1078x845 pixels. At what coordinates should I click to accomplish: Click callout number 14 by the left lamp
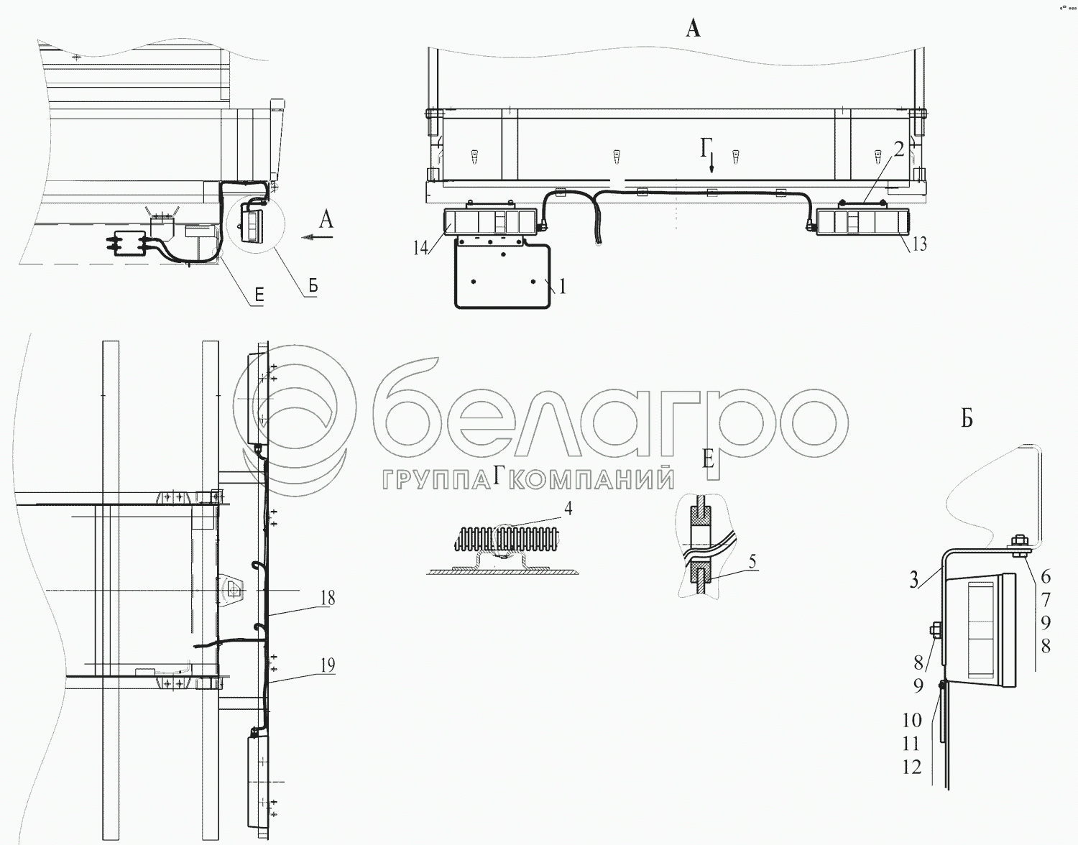click(420, 247)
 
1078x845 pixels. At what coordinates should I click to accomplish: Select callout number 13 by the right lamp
click(919, 244)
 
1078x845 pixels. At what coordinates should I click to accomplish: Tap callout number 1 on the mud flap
click(562, 286)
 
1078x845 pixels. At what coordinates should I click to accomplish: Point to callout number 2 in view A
click(898, 149)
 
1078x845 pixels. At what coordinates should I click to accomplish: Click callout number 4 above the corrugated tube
click(568, 508)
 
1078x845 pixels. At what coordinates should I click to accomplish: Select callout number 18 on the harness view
click(328, 598)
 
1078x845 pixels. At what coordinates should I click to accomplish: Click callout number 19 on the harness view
click(328, 665)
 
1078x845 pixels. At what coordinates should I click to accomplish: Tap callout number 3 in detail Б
click(914, 580)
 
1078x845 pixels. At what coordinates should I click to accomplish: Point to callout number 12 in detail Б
click(912, 767)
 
